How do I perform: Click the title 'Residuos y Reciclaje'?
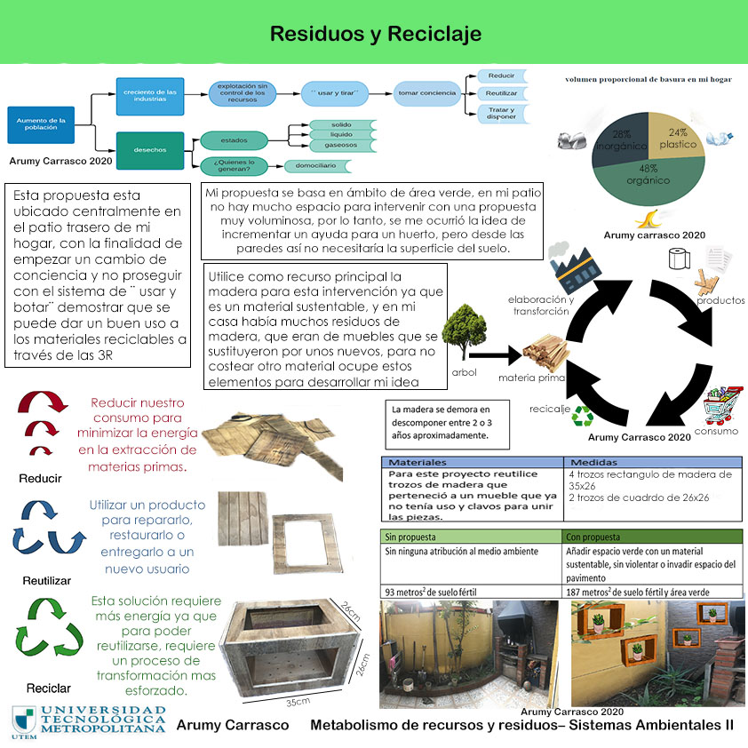pyautogui.click(x=375, y=35)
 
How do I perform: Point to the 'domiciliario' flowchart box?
pyautogui.click(x=316, y=165)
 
